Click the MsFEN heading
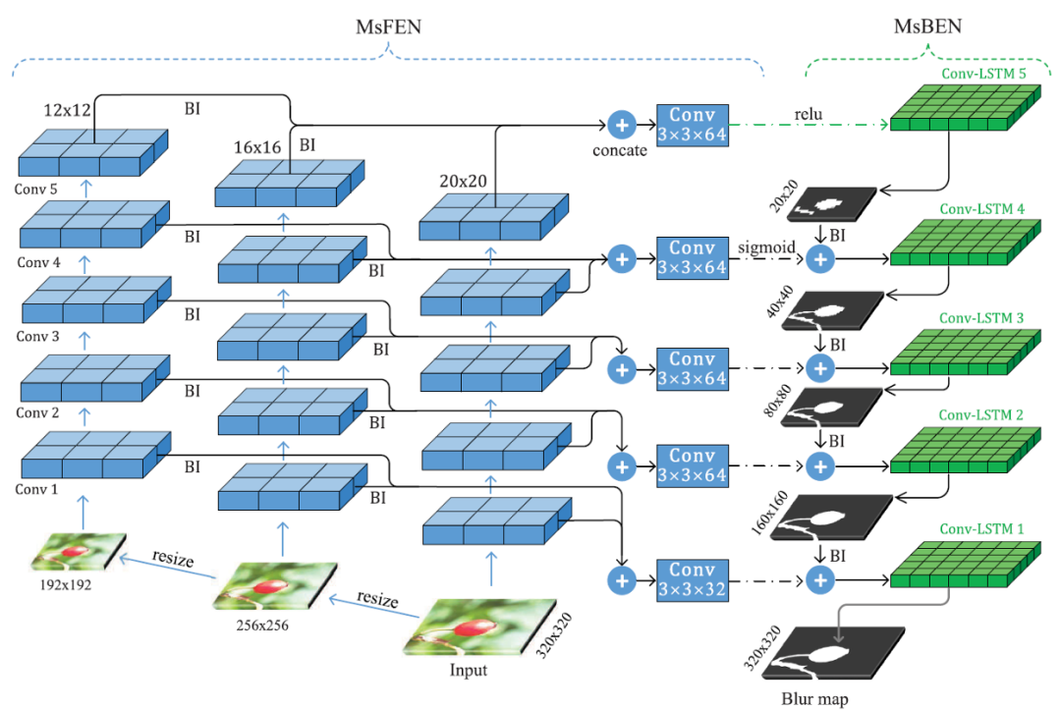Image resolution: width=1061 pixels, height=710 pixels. [x=388, y=27]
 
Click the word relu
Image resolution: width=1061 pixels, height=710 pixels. [x=811, y=116]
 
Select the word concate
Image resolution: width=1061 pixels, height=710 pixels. [x=620, y=152]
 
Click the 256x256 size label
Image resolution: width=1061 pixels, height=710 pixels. [x=262, y=623]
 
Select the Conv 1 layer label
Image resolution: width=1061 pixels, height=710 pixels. [x=37, y=487]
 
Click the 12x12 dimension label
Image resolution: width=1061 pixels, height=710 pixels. [x=67, y=109]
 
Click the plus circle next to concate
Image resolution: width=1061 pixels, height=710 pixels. [x=621, y=125]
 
